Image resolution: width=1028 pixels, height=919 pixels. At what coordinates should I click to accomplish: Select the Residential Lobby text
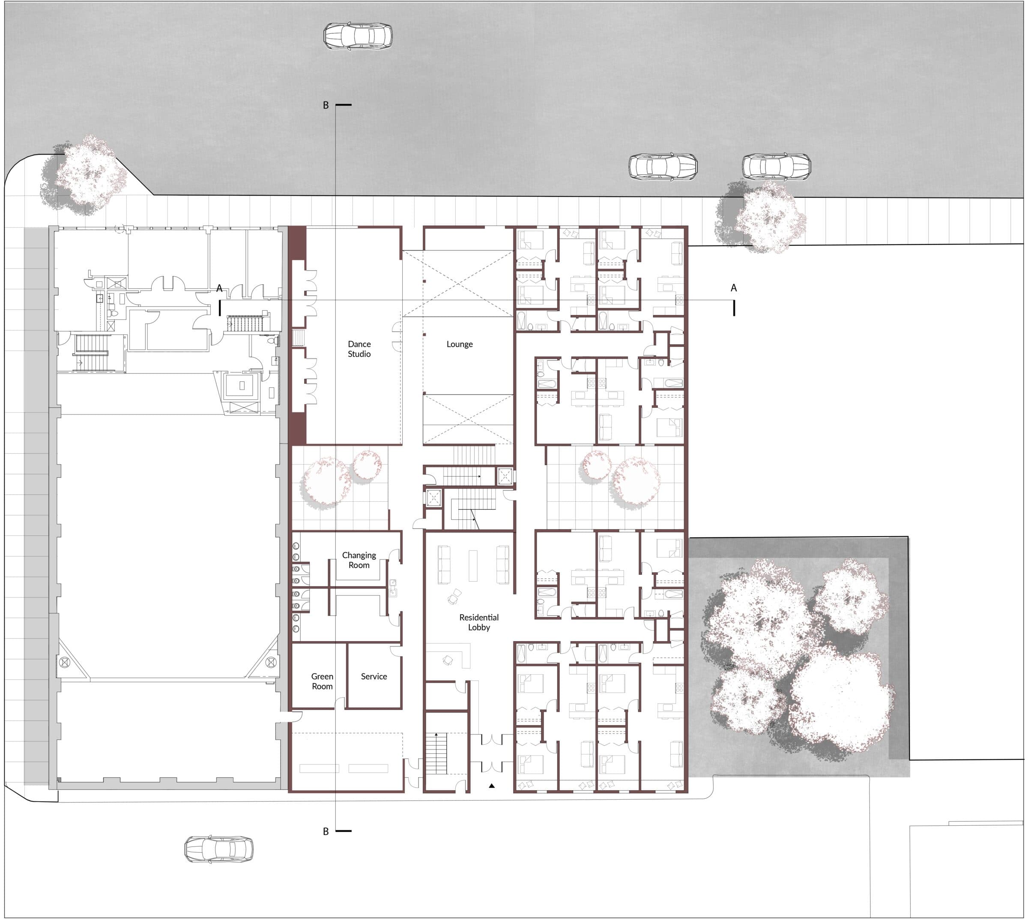point(478,622)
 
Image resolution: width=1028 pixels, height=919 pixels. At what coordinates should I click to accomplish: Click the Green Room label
point(322,681)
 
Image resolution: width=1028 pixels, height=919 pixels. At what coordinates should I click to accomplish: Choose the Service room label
point(374,676)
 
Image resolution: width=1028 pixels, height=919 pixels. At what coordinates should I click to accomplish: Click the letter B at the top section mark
point(326,105)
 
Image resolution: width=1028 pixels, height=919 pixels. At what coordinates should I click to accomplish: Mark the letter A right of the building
point(733,288)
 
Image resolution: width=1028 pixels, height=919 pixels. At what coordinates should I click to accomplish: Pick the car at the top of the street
point(358,36)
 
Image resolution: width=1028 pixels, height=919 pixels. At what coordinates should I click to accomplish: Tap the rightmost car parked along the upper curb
point(777,167)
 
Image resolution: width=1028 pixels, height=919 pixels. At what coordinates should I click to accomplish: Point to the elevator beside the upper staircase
point(505,476)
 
